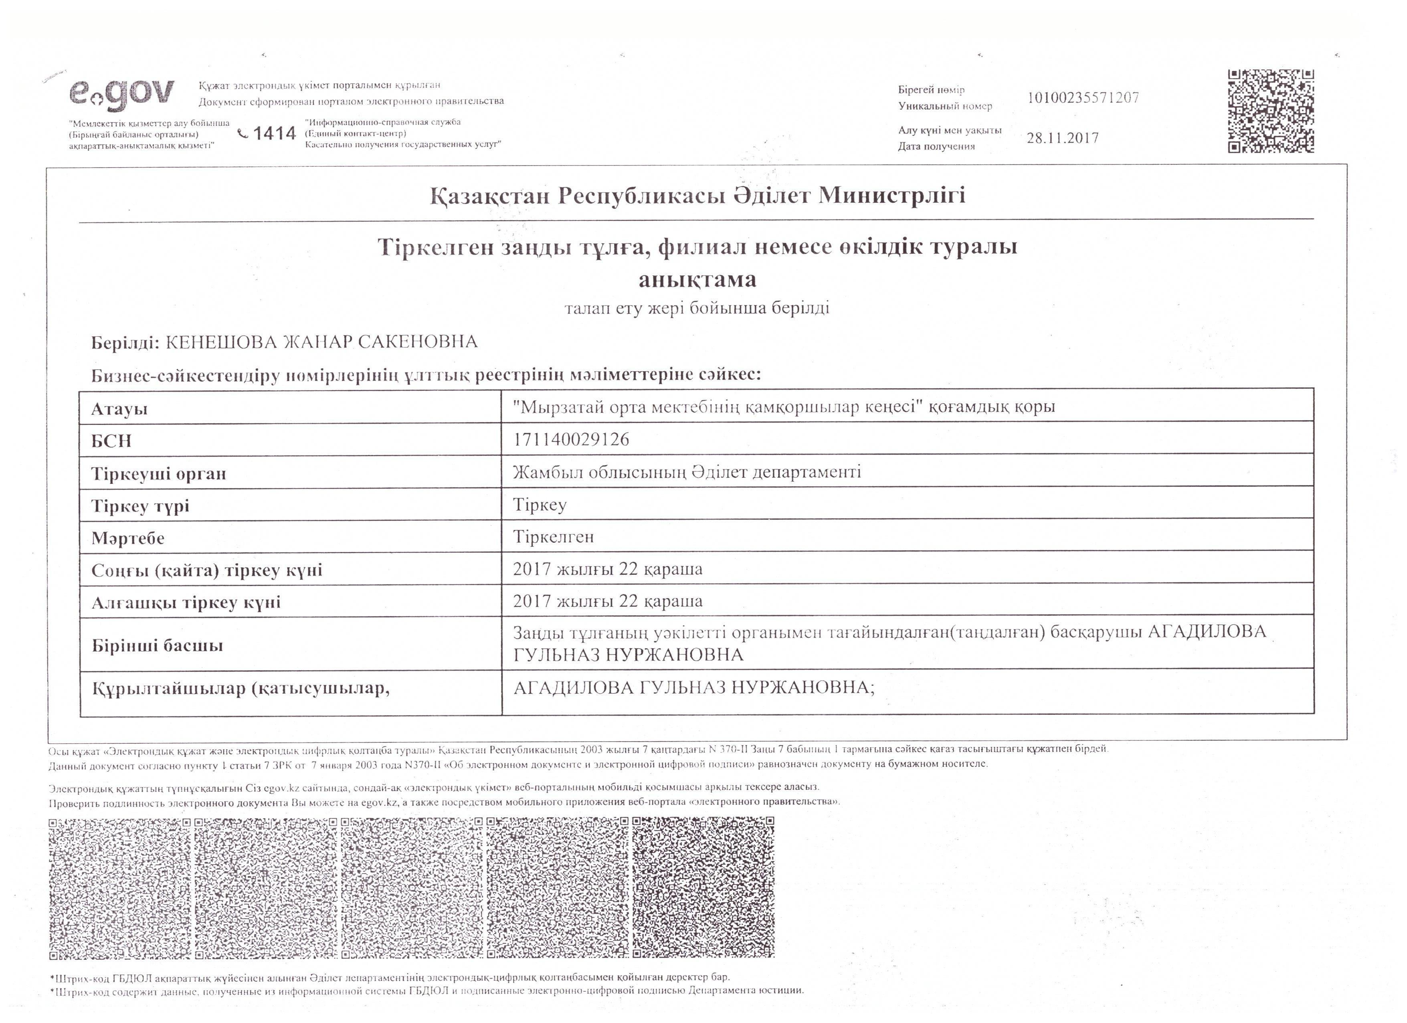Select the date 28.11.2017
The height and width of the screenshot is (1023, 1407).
point(1062,138)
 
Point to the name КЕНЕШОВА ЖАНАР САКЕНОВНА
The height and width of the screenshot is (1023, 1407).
point(321,342)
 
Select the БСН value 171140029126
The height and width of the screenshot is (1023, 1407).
point(571,440)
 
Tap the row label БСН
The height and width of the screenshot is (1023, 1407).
point(112,441)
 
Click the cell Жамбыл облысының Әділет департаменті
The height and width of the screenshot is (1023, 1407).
point(687,473)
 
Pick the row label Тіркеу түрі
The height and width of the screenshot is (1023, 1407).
point(140,506)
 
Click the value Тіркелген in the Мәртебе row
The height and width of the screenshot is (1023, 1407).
point(553,537)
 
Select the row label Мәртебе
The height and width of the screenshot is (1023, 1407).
point(128,538)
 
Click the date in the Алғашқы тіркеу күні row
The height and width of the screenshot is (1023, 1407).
point(607,601)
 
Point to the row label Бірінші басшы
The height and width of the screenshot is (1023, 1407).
point(157,646)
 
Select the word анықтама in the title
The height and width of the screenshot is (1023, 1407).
point(697,280)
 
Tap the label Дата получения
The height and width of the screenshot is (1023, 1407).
point(936,146)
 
